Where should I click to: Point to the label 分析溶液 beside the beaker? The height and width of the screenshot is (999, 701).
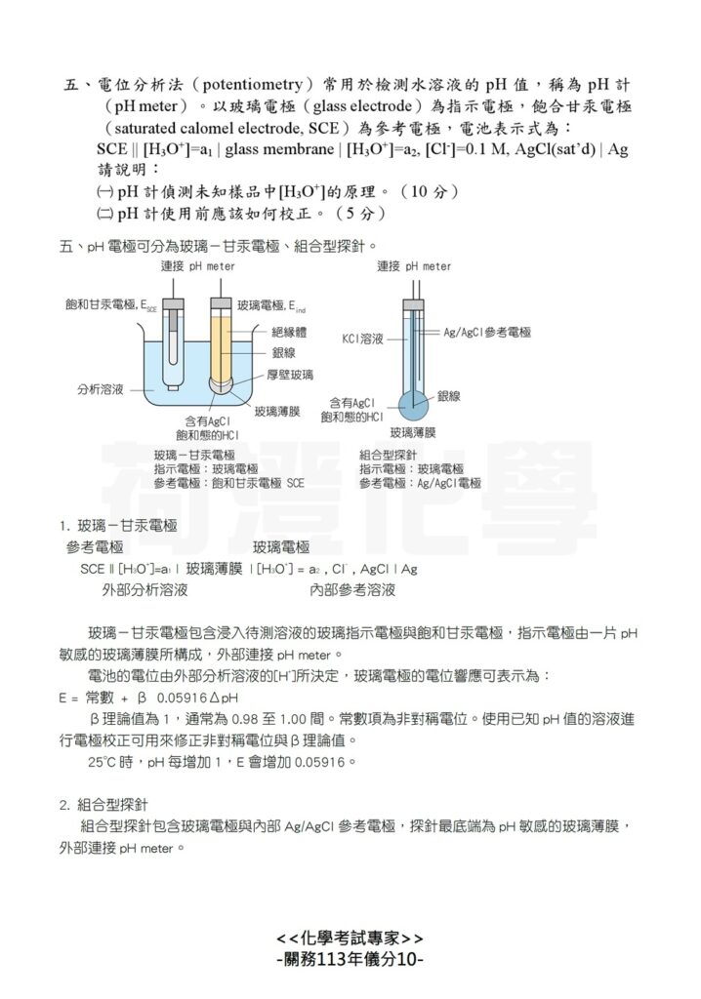pos(102,388)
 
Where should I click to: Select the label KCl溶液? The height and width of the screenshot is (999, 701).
pos(363,340)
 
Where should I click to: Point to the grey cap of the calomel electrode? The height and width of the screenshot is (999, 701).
pos(172,305)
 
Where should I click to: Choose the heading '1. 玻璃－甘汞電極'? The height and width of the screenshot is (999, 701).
pos(118,525)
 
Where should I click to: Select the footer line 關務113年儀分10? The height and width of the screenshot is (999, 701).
pos(350,960)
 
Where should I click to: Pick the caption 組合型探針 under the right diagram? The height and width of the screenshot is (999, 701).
pos(388,455)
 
